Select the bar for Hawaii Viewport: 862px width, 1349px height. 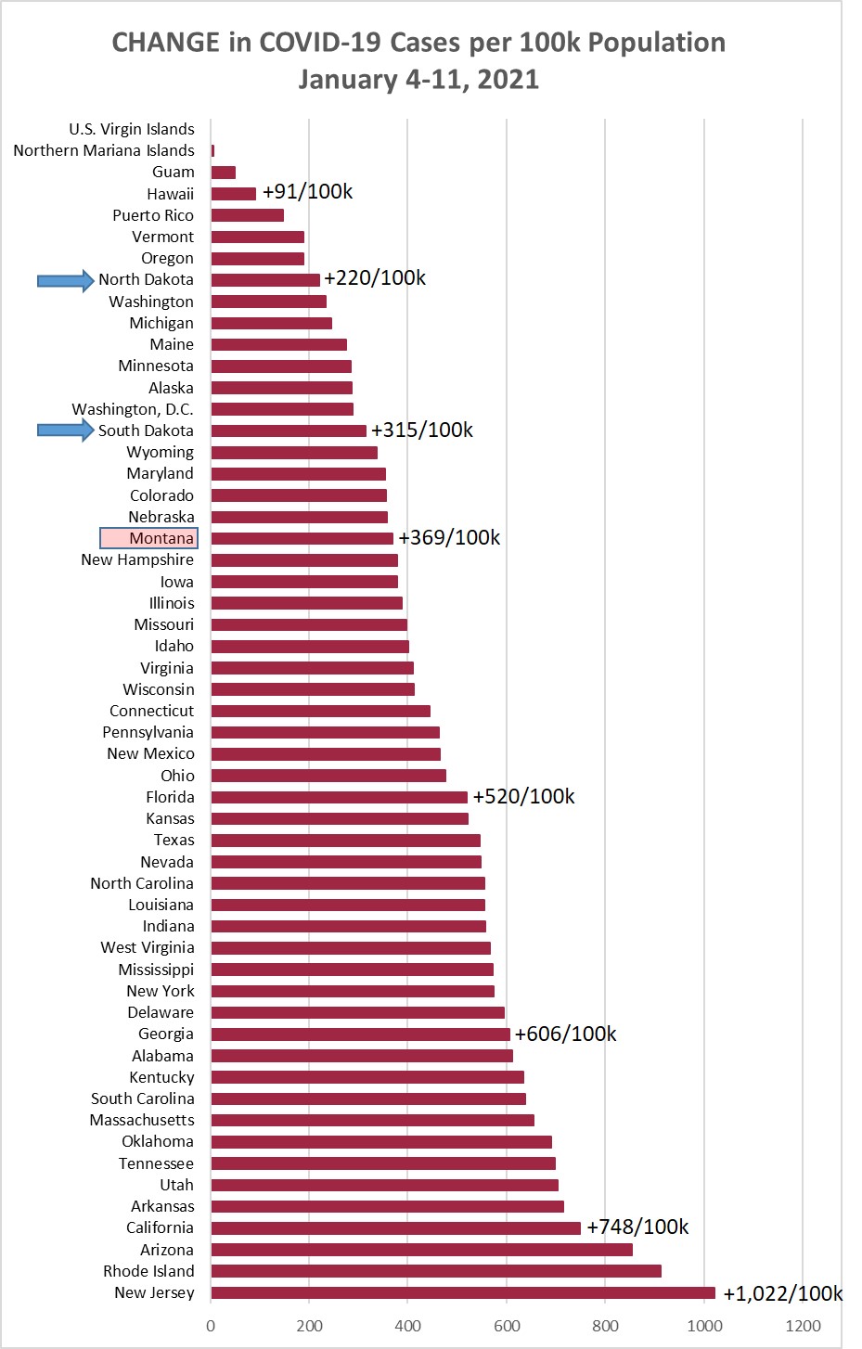(233, 194)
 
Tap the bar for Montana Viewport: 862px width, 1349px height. (302, 538)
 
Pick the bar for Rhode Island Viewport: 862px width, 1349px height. (435, 1271)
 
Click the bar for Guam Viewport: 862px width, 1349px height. (223, 173)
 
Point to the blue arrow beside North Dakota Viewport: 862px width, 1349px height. (65, 280)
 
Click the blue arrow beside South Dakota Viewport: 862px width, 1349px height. (65, 430)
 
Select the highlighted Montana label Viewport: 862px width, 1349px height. (148, 538)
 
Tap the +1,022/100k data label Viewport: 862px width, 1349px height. (782, 1293)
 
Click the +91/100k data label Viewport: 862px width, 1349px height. (307, 192)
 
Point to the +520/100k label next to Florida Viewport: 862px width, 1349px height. (523, 797)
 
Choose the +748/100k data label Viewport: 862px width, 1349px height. (637, 1227)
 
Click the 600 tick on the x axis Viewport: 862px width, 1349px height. (507, 1325)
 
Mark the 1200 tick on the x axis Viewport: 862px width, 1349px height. (803, 1325)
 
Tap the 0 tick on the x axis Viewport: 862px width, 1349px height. (211, 1325)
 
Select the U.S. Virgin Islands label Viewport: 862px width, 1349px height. (132, 129)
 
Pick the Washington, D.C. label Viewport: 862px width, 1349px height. (133, 409)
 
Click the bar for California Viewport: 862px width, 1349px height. (395, 1227)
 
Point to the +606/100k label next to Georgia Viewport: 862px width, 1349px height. (565, 1034)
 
